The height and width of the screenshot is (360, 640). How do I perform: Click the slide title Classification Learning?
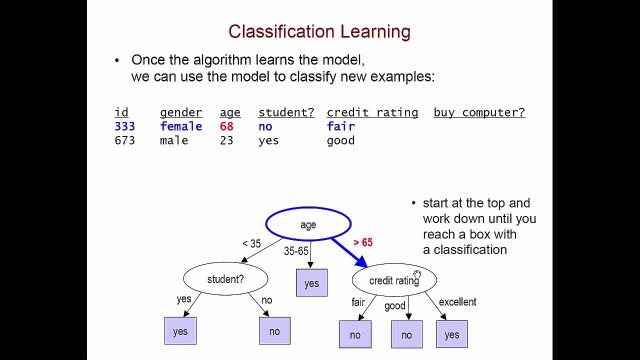point(319,31)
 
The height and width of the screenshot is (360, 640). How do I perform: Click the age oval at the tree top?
point(308,224)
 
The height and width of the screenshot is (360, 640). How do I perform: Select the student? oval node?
point(225,279)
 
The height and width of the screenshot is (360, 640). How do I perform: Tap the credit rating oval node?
point(394,280)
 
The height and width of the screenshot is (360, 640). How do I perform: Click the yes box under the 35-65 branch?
point(311,283)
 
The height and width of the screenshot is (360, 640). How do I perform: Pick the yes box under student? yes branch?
point(180,331)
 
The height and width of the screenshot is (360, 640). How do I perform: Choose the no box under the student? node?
point(274,331)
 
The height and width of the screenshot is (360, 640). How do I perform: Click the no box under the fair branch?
point(355,334)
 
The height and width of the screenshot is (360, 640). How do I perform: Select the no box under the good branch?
point(406,334)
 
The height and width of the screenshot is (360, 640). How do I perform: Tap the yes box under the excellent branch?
point(452,334)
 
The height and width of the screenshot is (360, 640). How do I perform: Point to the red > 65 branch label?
point(363,242)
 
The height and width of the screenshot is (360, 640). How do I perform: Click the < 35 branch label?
point(251,243)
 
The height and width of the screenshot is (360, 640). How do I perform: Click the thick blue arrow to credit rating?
point(349,253)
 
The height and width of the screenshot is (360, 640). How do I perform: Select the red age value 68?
point(226,126)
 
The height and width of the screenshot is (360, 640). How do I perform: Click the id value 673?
point(124,140)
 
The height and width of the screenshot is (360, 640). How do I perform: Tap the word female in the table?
point(181,126)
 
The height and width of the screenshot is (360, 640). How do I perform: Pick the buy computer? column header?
point(479,112)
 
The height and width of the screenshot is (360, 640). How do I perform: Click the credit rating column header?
point(372,112)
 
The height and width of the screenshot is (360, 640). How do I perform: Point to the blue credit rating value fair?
point(340,126)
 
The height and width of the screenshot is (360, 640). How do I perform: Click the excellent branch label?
point(457,302)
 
